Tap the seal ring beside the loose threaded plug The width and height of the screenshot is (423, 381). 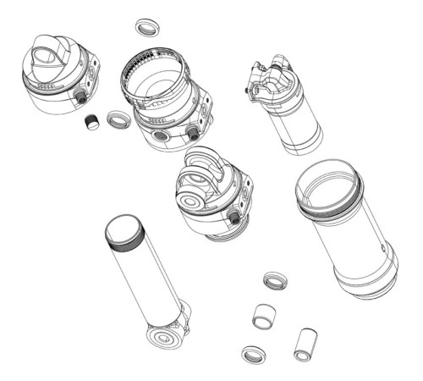coord(118,119)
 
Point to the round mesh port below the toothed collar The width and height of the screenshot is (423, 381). coord(160,136)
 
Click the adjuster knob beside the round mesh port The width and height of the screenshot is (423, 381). coord(193,134)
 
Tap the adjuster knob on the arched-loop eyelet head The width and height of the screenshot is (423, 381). coord(233,218)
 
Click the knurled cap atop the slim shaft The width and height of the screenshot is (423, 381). coord(124,231)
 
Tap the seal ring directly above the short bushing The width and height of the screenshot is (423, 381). coord(273,280)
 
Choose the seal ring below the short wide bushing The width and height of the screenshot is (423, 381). coord(253,353)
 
